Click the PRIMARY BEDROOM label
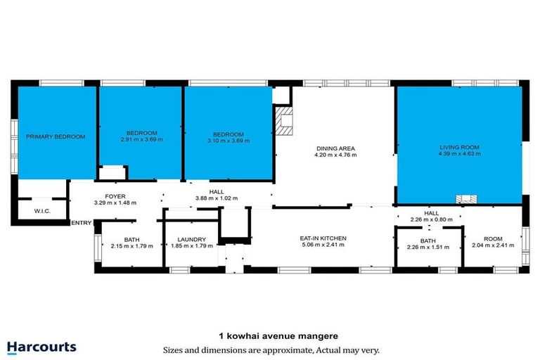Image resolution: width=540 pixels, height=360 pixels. coord(56,136)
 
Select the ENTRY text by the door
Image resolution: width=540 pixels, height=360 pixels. coord(82,223)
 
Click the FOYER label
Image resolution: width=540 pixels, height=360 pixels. coord(115,196)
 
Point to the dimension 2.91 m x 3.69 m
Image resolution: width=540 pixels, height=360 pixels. coord(141,140)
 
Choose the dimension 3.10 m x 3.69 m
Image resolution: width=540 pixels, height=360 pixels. coord(229,141)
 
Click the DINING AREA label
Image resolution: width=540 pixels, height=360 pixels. coord(335,148)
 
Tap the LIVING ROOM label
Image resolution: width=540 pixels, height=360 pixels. coord(460,147)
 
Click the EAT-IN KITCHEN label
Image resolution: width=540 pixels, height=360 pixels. coord(323,238)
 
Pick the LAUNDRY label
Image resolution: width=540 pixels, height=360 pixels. coord(191,239)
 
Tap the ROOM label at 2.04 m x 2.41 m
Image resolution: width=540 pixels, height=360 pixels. coord(494,239)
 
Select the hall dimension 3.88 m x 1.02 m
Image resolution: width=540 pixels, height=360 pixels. coord(217,198)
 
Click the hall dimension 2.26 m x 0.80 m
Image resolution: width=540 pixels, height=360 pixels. coord(431,219)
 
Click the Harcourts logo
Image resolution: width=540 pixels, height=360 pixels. coord(41,347)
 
